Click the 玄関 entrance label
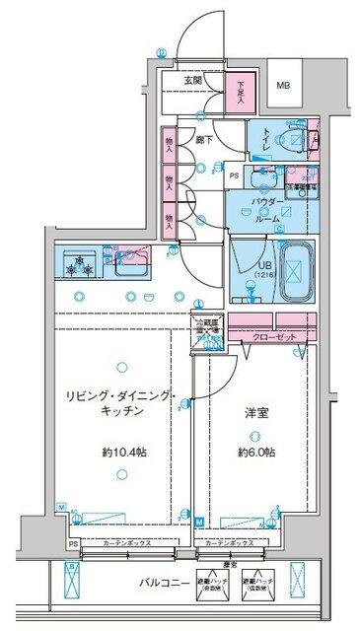pyautogui.click(x=193, y=81)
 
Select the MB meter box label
pyautogui.click(x=283, y=87)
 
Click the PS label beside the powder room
pyautogui.click(x=234, y=176)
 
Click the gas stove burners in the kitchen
pyautogui.click(x=79, y=263)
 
